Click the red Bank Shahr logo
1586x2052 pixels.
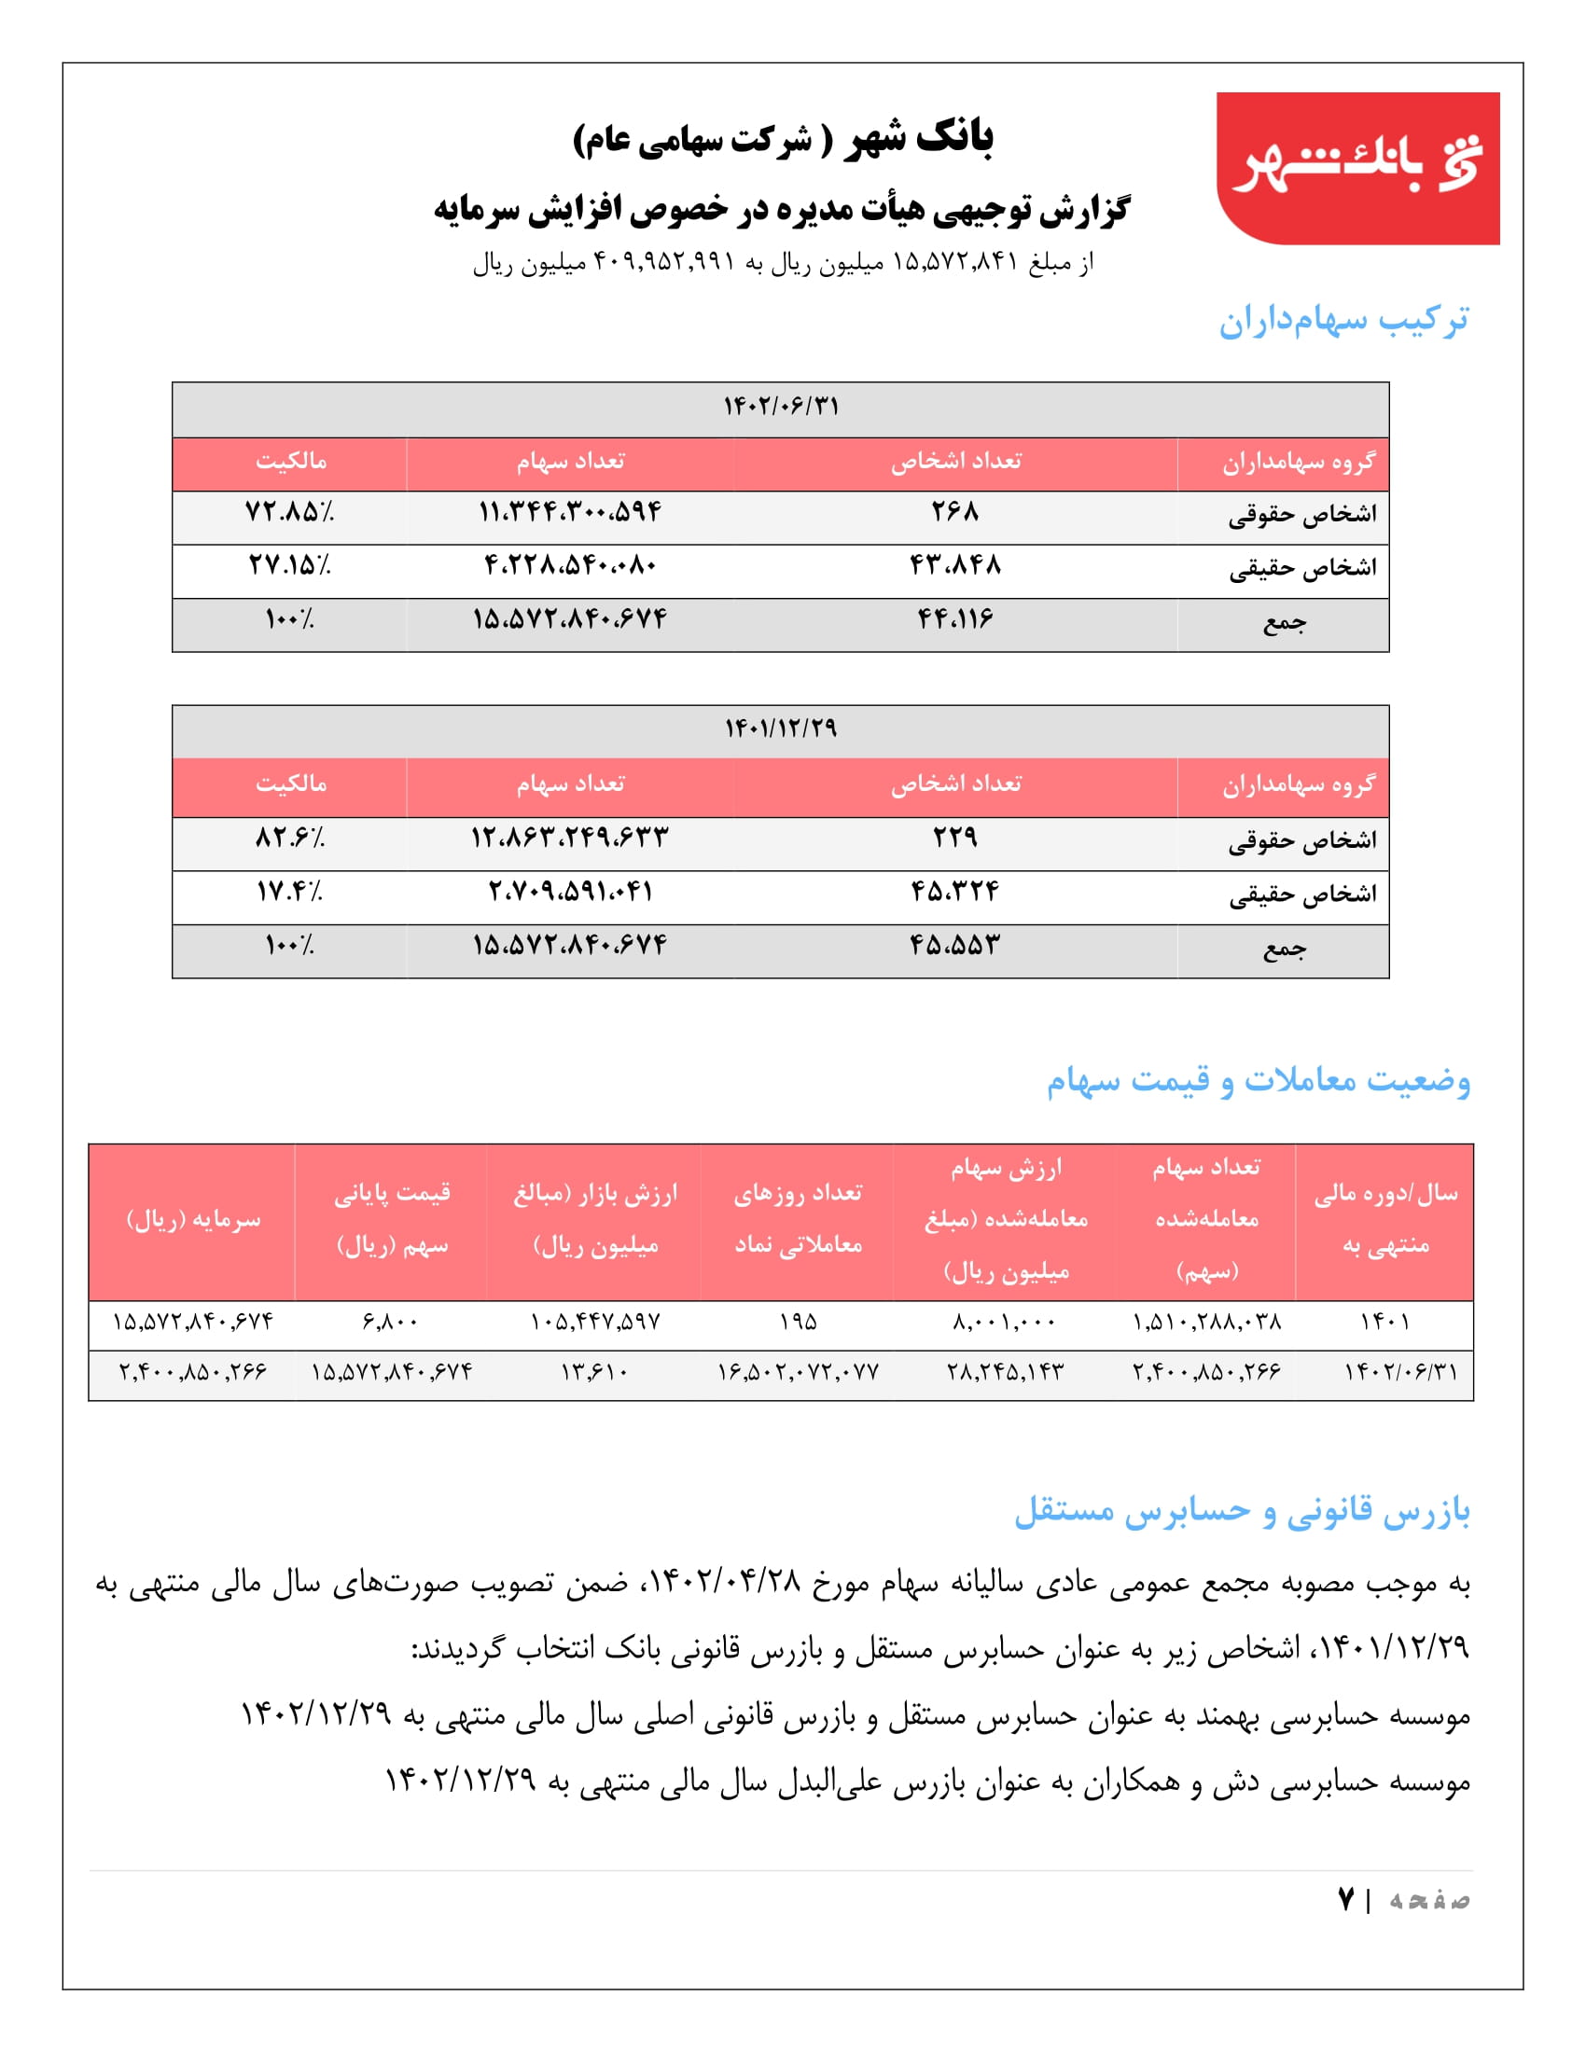tap(1356, 167)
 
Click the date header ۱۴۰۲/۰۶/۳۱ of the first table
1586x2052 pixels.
tap(780, 407)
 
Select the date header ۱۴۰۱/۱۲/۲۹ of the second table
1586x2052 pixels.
tap(780, 729)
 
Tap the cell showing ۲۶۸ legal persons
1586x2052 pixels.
tap(954, 512)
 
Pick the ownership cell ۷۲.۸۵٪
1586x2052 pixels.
tap(289, 512)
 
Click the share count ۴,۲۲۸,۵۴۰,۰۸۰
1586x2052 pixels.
tap(569, 565)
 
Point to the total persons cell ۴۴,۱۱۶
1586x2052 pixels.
tap(954, 619)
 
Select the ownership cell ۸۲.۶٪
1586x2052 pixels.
tap(289, 838)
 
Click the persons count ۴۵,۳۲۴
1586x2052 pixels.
tap(954, 891)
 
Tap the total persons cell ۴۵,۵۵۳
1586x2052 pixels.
tap(954, 944)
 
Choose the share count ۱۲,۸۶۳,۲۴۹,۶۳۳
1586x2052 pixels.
tap(569, 838)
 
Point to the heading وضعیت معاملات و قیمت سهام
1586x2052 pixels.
tap(1259, 1080)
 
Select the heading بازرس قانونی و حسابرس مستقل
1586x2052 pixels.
tap(1241, 1511)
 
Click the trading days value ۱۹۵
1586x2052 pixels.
tap(798, 1322)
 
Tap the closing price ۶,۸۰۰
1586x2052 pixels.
tap(390, 1322)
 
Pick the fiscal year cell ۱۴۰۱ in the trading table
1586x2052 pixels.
tap(1384, 1322)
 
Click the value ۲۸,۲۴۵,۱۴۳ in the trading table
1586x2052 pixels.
tap(1006, 1372)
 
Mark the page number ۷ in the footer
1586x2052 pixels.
tap(1345, 1900)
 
